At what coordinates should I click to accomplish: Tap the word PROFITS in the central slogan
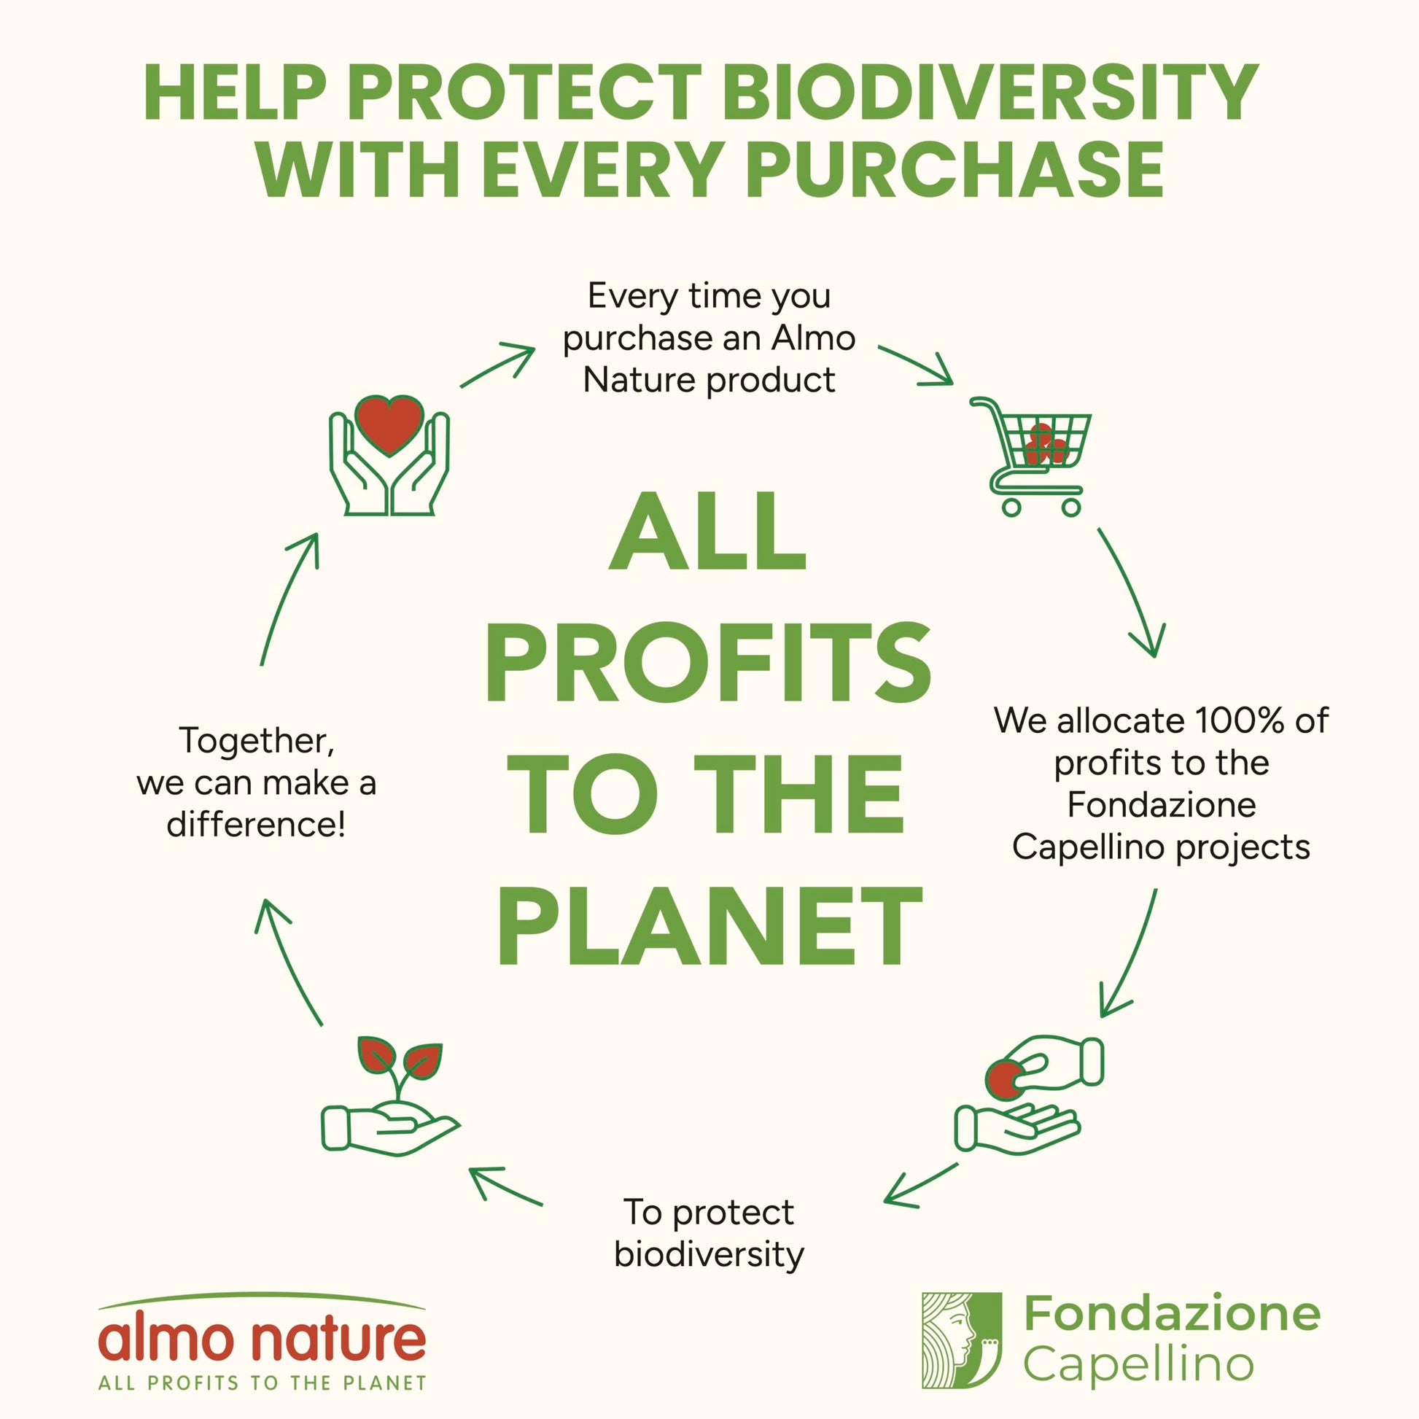tap(708, 663)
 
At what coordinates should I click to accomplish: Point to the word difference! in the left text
tap(256, 824)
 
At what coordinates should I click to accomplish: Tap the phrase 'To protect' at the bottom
tap(709, 1213)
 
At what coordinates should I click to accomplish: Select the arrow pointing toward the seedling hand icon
tap(506, 1186)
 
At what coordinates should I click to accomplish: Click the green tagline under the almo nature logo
tap(263, 1383)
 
